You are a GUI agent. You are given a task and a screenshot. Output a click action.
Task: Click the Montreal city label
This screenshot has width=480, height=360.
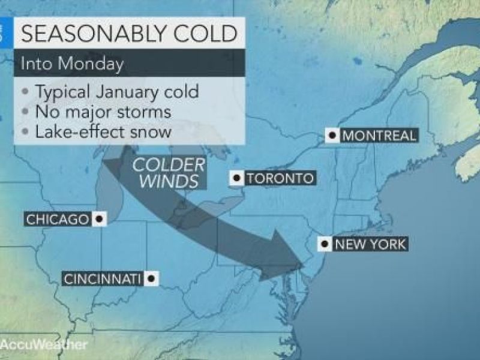click(379, 136)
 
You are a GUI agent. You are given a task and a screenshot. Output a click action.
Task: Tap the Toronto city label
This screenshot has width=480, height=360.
click(280, 178)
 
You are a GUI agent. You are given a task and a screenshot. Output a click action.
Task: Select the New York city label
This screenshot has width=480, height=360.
click(370, 244)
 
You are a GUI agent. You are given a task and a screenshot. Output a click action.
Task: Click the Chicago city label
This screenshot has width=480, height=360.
click(57, 220)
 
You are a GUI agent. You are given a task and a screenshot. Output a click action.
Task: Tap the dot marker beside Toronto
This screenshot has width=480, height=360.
click(238, 178)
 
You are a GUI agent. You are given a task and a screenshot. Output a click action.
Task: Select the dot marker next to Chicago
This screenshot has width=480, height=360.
click(99, 220)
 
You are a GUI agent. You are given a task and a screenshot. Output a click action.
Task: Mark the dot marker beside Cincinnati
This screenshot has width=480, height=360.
click(151, 278)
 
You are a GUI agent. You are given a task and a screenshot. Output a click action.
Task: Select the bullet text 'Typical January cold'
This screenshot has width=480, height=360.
click(117, 93)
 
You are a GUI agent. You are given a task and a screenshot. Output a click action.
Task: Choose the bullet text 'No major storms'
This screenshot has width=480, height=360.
click(103, 112)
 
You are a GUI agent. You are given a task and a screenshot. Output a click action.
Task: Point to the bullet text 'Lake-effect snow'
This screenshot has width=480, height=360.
click(103, 130)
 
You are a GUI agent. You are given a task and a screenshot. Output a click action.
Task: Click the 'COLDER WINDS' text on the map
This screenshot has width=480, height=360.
click(169, 172)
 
